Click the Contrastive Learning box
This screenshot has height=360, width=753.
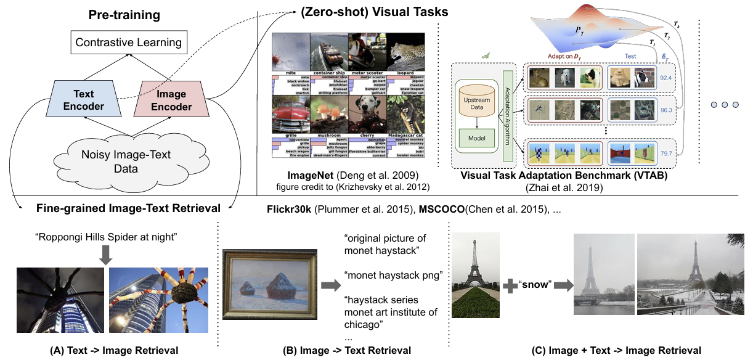tap(128, 43)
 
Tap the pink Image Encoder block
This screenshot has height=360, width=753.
tap(174, 100)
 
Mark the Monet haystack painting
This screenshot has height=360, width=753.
tap(269, 285)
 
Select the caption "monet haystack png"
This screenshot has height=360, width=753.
tap(394, 275)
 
